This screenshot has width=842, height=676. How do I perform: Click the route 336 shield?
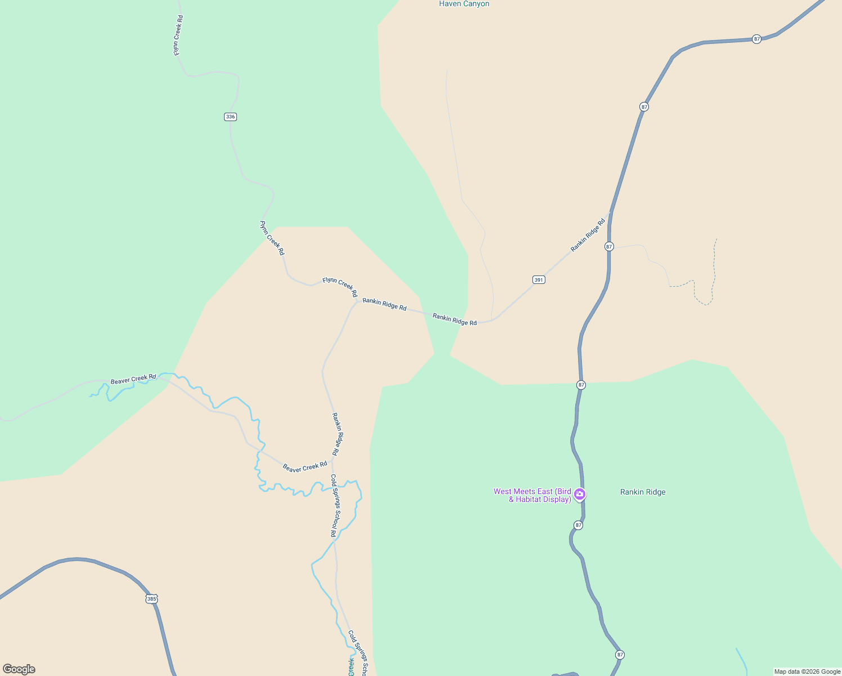230,117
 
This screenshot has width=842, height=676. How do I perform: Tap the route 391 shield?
539,279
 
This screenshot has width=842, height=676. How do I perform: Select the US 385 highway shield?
151,599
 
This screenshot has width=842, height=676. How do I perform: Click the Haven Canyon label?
464,4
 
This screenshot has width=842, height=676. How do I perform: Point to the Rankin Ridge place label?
643,492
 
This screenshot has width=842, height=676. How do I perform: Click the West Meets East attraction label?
532,495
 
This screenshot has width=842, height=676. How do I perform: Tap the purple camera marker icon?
580,495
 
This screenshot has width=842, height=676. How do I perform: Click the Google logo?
19,669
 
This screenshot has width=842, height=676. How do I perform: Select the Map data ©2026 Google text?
807,671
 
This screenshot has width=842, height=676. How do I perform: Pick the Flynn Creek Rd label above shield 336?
178,35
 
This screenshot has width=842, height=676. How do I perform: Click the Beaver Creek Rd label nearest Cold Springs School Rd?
304,467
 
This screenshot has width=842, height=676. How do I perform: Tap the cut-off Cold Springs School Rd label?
358,653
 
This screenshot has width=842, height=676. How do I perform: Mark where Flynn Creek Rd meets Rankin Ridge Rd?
357,301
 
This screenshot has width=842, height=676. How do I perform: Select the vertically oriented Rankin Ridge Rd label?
336,434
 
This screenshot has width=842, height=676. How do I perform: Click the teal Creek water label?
351,667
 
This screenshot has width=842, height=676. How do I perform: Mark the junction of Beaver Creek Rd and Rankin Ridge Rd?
332,460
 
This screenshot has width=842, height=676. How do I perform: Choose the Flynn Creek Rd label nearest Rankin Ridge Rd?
340,286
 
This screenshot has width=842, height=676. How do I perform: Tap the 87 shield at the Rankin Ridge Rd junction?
609,247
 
